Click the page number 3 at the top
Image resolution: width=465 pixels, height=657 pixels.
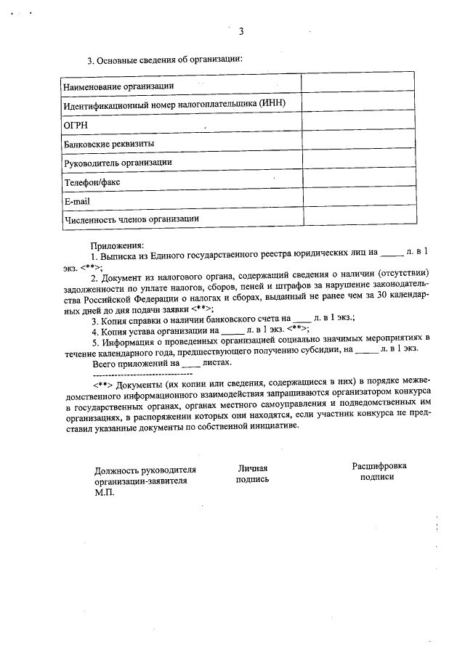240,31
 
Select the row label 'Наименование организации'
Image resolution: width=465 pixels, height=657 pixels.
118,86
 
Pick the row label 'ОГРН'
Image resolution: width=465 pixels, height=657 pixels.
76,125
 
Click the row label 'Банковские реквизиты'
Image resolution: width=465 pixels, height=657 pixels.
109,144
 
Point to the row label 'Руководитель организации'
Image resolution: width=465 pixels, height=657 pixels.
118,163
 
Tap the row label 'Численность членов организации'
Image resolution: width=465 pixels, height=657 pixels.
131,219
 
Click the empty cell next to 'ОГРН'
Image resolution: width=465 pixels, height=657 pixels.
359,123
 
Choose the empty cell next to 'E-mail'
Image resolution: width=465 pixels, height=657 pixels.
359,199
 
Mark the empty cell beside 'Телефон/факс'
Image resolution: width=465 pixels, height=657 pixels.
359,180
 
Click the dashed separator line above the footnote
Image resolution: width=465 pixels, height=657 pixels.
142,372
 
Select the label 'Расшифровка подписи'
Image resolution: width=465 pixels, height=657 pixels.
378,472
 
